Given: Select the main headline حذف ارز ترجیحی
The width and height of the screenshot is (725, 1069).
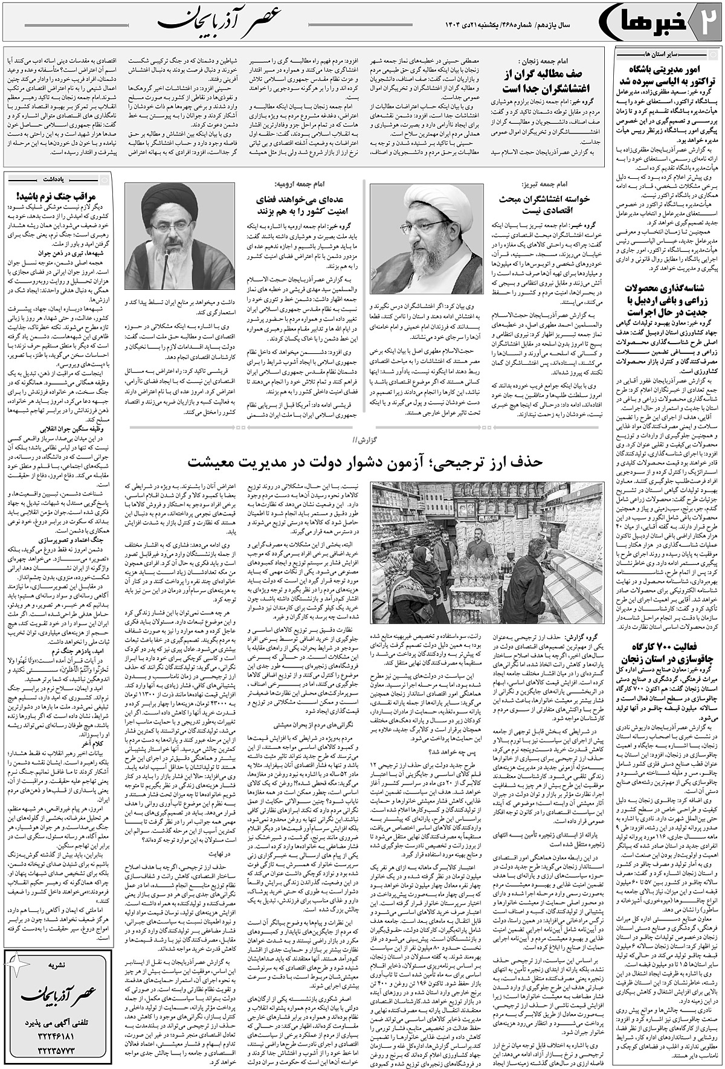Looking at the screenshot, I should tap(362, 462).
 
